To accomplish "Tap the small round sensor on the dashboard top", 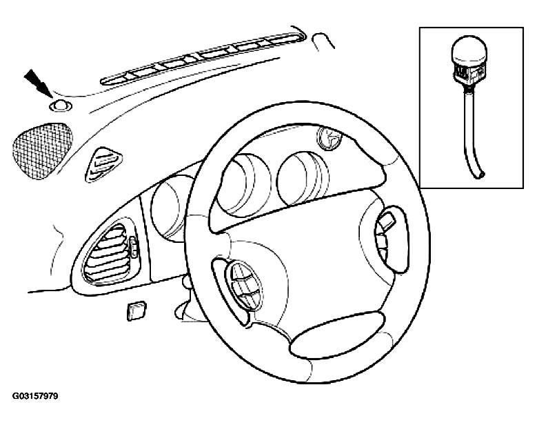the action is [61, 106].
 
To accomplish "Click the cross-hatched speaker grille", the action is [42, 151].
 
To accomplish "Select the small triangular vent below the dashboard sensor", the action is [103, 164].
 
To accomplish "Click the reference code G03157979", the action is [35, 396].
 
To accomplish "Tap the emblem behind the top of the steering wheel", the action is [330, 138].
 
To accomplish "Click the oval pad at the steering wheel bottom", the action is [336, 335].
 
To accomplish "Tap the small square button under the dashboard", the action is [136, 311].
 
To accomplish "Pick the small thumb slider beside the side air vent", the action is [134, 248].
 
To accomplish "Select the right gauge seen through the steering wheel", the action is [302, 178].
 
